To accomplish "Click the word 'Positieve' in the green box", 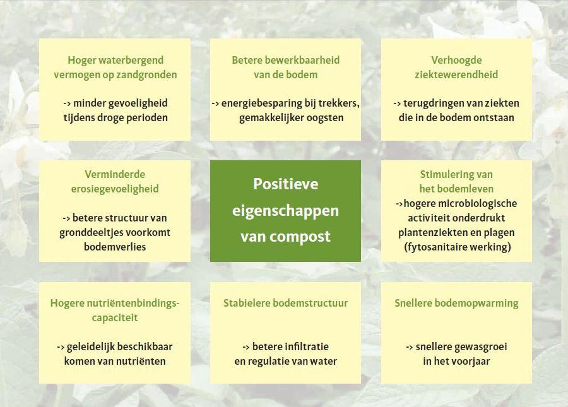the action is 285,184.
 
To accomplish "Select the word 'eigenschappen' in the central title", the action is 285,211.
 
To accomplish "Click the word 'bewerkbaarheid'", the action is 307,60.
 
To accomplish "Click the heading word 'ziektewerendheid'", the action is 456,74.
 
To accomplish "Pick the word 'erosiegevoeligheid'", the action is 115,189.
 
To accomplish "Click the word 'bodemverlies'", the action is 115,247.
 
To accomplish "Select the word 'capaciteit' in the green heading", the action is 115,318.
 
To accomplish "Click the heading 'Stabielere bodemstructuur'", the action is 285,303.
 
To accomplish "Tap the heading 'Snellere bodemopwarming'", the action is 456,304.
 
